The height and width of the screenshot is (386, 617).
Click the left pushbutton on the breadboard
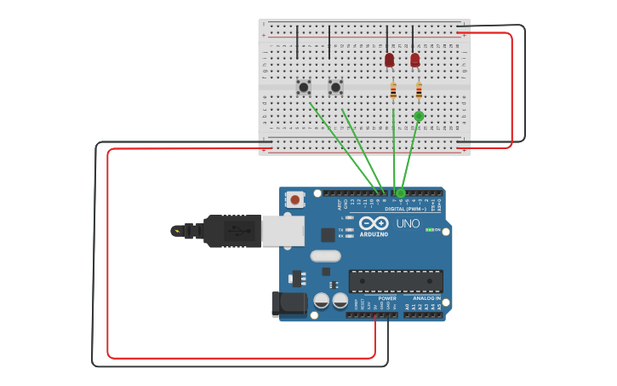303,87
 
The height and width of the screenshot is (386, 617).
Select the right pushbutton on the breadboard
335,87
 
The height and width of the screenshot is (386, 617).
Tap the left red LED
389,60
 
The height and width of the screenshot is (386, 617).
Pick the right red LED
414,60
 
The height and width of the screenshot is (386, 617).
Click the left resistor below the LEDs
393,90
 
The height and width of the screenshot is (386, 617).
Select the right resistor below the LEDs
419,90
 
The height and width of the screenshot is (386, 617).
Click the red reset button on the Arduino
294,199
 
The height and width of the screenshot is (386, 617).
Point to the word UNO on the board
408,223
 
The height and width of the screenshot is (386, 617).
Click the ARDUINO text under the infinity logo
374,234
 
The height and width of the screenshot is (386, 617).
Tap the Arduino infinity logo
374,223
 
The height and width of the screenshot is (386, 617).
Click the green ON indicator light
429,229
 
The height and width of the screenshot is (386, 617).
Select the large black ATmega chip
396,281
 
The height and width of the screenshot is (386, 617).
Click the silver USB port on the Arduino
283,231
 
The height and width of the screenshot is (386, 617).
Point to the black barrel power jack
288,303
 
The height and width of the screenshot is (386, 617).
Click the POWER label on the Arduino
387,298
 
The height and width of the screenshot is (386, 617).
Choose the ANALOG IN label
426,298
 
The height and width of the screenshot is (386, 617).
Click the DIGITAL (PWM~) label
407,208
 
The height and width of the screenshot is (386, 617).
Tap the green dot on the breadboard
419,116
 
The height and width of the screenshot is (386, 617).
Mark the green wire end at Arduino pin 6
401,193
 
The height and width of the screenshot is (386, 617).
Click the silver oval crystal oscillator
325,256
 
